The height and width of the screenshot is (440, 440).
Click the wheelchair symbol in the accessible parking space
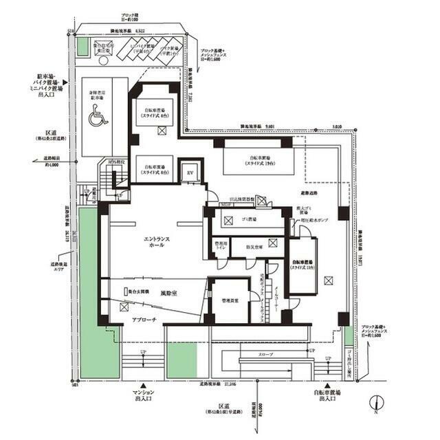point(95,118)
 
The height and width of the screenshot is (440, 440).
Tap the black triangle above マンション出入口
point(144,386)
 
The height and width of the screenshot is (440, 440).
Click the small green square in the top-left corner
point(82,48)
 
